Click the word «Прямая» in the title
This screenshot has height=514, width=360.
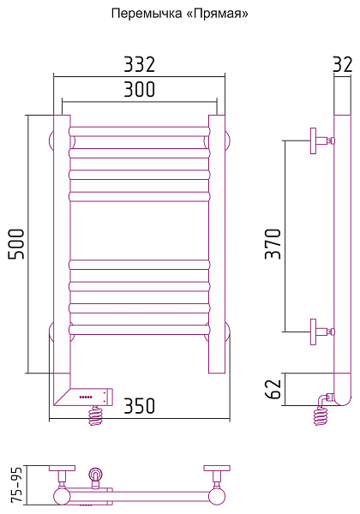pyautogui.click(x=219, y=14)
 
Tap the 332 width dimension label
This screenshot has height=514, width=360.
pyautogui.click(x=139, y=64)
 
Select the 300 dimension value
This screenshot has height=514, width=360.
pyautogui.click(x=139, y=89)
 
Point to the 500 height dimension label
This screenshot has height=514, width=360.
pyautogui.click(x=16, y=244)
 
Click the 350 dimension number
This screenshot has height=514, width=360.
pyautogui.click(x=139, y=406)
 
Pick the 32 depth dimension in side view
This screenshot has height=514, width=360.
pyautogui.click(x=343, y=64)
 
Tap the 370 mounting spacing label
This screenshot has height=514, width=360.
pyautogui.click(x=273, y=244)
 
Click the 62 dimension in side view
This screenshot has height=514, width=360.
pyautogui.click(x=273, y=390)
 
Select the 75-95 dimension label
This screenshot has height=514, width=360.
pyautogui.click(x=17, y=485)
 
